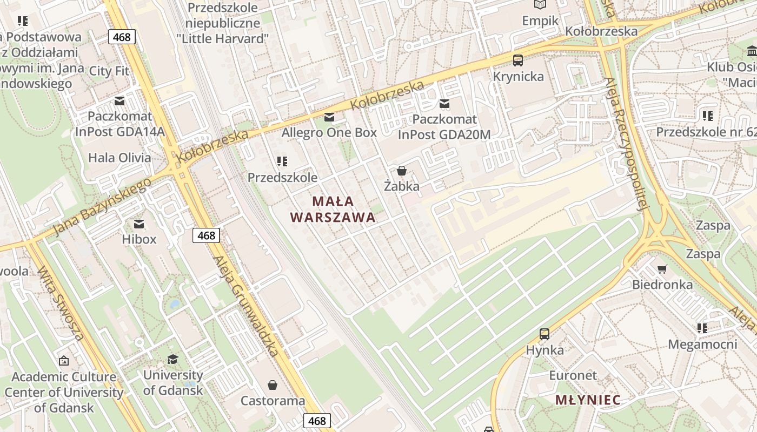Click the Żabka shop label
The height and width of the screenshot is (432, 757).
[402, 186]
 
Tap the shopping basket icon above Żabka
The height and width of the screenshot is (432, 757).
[402, 171]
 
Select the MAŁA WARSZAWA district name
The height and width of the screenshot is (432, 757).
[333, 210]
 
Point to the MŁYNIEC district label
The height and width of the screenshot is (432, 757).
[588, 400]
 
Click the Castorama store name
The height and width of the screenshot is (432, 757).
[273, 401]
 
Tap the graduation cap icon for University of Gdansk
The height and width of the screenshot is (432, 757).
[172, 360]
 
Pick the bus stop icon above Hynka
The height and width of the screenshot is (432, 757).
[544, 334]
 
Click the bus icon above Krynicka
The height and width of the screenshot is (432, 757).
[518, 60]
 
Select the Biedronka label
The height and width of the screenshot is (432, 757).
[662, 285]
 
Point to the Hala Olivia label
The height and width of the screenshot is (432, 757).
[119, 158]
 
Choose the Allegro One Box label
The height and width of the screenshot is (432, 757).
[329, 132]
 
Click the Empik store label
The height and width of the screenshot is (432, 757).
[540, 21]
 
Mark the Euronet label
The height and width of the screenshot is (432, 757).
[573, 375]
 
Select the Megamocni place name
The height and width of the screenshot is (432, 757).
[702, 344]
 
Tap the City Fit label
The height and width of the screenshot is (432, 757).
[109, 71]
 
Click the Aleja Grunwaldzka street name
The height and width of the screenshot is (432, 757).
[247, 306]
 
